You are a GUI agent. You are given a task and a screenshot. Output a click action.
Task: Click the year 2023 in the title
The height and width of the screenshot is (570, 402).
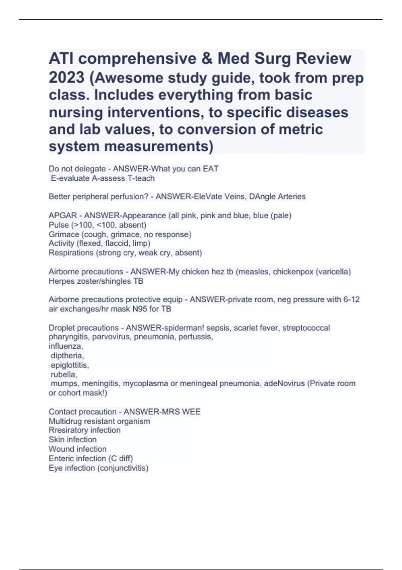click(67, 77)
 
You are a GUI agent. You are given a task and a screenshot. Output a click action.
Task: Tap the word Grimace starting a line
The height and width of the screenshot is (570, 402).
click(64, 234)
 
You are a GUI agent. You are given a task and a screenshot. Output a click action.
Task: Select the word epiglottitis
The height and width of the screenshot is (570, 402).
click(70, 365)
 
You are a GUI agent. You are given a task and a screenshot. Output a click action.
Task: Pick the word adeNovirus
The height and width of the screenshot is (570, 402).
click(284, 383)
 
